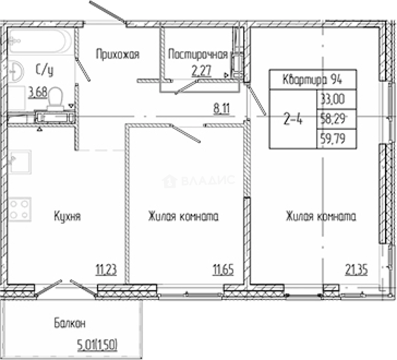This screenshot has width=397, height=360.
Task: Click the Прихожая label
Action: pyautogui.click(x=117, y=54)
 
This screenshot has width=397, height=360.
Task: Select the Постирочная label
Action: pyautogui.click(x=198, y=54)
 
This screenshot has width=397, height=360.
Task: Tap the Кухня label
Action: pyautogui.click(x=67, y=216)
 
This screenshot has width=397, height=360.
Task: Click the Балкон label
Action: pyautogui.click(x=70, y=323)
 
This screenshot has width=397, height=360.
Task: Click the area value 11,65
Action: pyautogui.click(x=223, y=270)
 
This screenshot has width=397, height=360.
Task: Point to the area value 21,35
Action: pyautogui.click(x=356, y=270)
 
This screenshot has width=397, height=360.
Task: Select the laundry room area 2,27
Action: pyautogui.click(x=201, y=71)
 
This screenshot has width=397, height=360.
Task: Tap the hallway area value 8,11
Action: pyautogui.click(x=222, y=109)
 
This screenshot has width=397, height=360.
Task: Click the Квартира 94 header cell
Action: pyautogui.click(x=312, y=80)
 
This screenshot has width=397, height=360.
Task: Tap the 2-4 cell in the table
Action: pyautogui.click(x=293, y=119)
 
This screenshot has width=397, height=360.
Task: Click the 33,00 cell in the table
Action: pyautogui.click(x=333, y=99)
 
